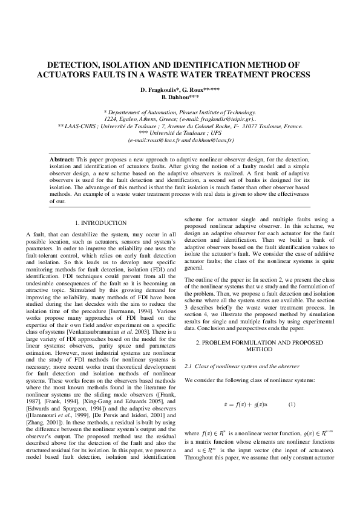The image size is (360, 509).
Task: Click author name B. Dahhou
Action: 180,97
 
